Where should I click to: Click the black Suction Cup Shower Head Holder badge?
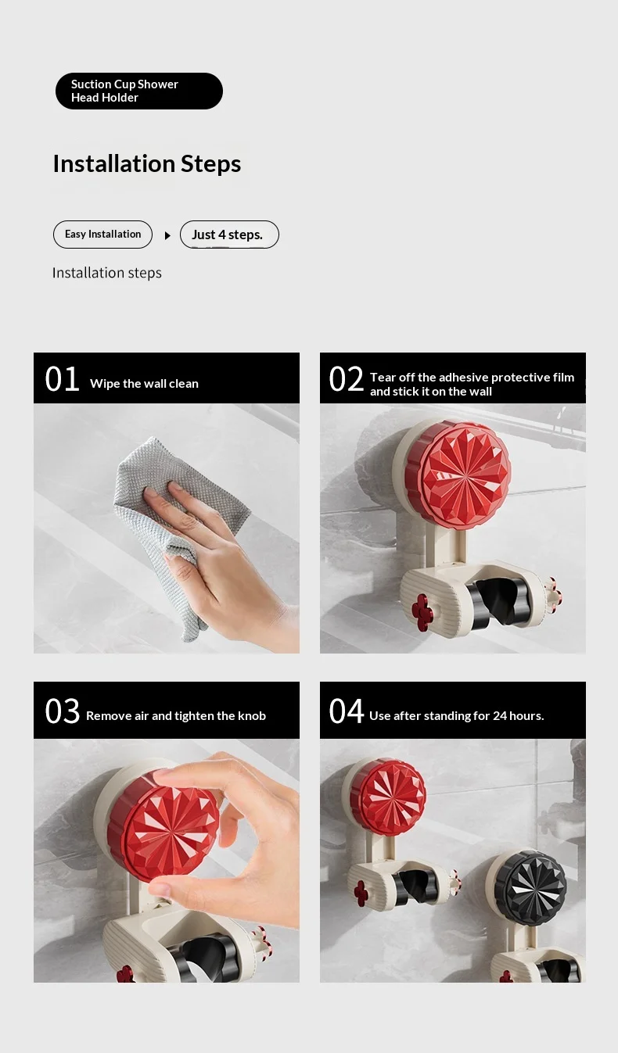pyautogui.click(x=138, y=91)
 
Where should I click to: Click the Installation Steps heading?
pyautogui.click(x=147, y=163)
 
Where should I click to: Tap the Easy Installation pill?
pyautogui.click(x=102, y=234)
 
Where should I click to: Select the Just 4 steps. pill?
pyautogui.click(x=229, y=234)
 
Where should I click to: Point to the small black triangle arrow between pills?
pyautogui.click(x=167, y=235)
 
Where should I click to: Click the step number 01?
pyautogui.click(x=62, y=379)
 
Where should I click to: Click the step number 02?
pyautogui.click(x=346, y=379)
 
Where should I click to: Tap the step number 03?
pyautogui.click(x=62, y=711)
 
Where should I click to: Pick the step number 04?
pyautogui.click(x=346, y=711)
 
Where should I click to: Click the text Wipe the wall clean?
pyautogui.click(x=144, y=384)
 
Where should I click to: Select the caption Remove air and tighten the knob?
pyautogui.click(x=176, y=716)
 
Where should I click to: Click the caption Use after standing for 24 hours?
pyautogui.click(x=457, y=716)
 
